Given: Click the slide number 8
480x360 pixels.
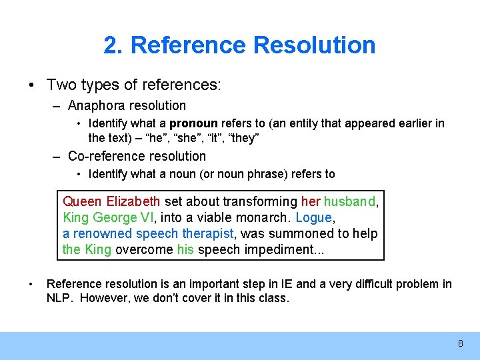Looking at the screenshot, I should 460,344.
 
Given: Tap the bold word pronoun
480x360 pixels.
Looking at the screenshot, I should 194,123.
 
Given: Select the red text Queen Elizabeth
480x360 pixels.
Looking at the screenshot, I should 111,201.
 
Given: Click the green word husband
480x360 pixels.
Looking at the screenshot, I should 350,201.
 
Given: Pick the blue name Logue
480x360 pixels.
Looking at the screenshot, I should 313,217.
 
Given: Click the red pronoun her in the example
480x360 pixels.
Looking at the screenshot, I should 311,201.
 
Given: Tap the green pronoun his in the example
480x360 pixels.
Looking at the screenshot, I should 185,249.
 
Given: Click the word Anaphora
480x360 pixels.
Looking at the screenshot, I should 93,105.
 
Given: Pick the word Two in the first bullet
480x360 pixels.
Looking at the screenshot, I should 59,85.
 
